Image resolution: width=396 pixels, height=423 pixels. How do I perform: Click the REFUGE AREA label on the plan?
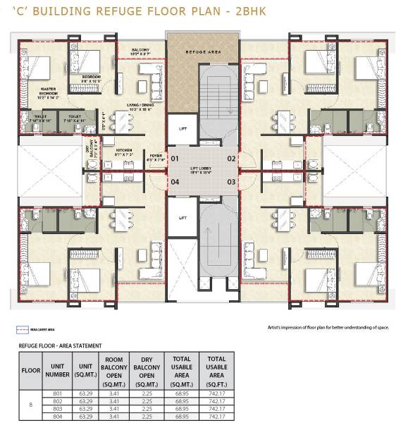pos(203,52)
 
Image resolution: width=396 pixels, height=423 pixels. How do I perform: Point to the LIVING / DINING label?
pos(140,107)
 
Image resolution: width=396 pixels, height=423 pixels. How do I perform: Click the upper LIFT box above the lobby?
pos(182,128)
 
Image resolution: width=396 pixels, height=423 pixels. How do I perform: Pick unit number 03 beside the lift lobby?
pos(230,182)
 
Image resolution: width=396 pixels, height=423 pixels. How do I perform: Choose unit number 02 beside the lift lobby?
pos(230,159)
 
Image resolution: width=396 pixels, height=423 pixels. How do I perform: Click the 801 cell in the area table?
pos(58,393)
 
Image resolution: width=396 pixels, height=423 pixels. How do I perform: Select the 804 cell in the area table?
pos(58,417)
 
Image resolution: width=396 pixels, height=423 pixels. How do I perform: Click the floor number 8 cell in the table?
pos(30,405)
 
